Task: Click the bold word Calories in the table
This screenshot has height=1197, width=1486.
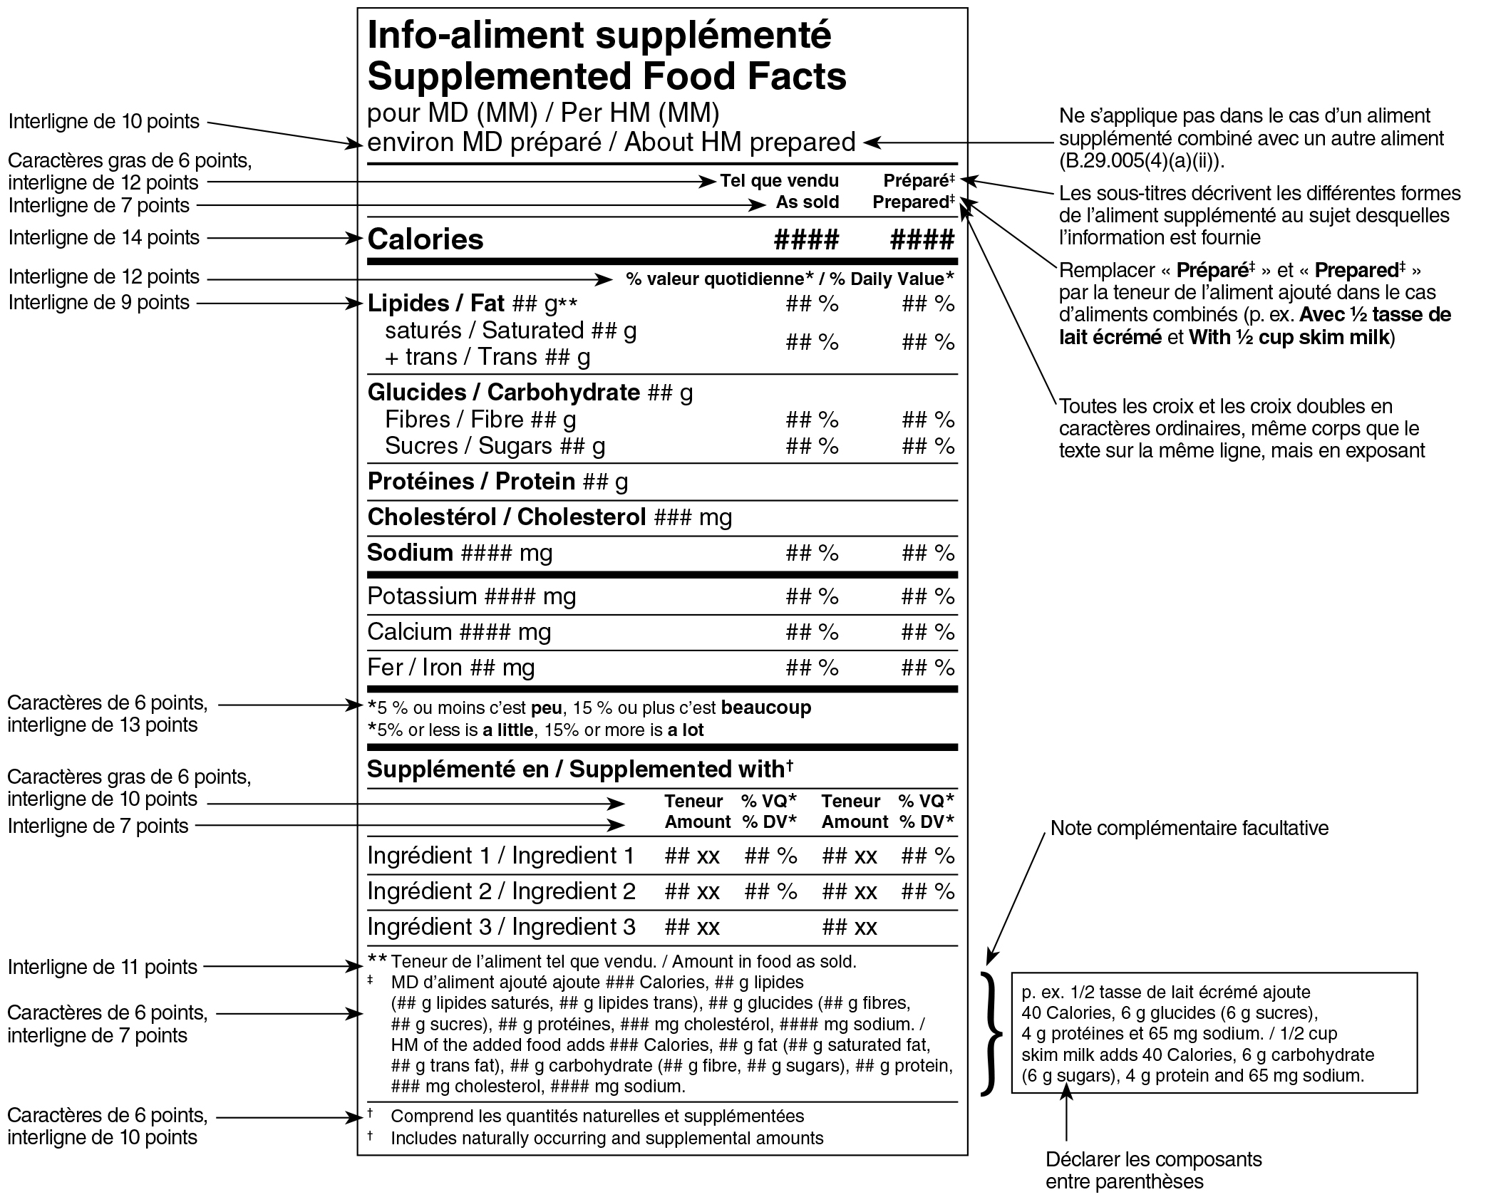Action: pos(425,239)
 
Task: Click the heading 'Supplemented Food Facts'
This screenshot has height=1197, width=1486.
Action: pos(607,77)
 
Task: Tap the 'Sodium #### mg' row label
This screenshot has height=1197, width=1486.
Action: pos(460,553)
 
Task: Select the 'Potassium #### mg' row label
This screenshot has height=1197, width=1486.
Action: pos(471,596)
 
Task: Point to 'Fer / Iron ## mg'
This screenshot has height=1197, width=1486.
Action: pos(450,668)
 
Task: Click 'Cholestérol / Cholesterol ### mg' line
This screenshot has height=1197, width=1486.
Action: pos(549,517)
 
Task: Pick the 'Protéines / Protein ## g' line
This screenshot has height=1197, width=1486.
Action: pos(497,482)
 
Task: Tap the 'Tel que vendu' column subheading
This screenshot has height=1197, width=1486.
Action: pos(779,181)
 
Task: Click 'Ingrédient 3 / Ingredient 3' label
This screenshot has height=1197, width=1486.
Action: pos(501,927)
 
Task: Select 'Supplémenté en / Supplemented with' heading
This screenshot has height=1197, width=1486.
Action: pos(579,769)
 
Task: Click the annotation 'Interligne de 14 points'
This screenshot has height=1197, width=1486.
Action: pos(104,237)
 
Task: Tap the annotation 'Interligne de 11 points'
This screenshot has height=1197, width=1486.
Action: pos(103,967)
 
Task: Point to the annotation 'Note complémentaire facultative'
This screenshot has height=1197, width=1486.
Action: pos(1190,828)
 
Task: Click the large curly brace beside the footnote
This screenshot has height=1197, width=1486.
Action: pos(989,1032)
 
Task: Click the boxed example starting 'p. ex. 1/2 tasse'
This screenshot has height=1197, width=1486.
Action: pos(1214,1032)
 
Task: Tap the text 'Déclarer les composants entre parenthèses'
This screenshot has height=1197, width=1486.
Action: pos(1153,1170)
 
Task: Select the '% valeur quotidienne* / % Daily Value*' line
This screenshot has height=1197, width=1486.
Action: pos(790,279)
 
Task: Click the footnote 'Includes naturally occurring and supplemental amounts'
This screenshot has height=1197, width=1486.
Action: pos(607,1138)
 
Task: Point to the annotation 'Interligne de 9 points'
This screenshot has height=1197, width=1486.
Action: pos(99,302)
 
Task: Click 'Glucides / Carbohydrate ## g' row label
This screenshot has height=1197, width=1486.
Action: pos(530,393)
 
